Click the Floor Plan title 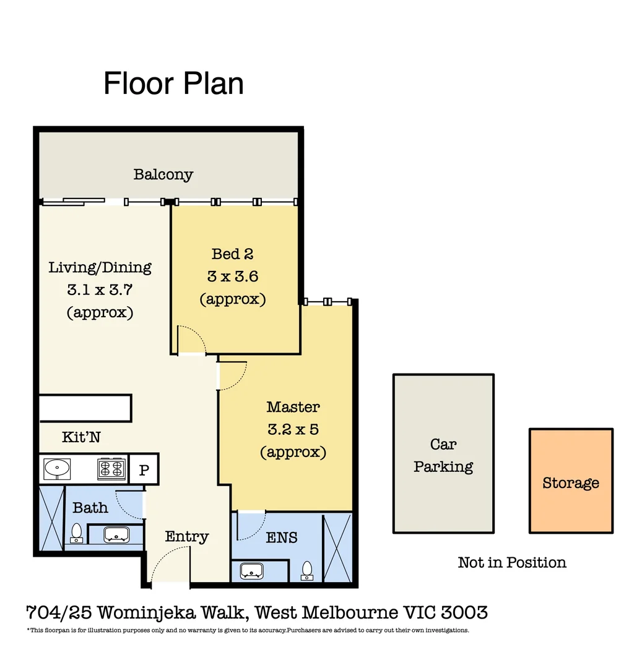point(173,83)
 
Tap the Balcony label point(163,174)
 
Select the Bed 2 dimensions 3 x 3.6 point(232,276)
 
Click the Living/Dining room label point(100,268)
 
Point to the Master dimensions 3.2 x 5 point(293,429)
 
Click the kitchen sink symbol point(56,469)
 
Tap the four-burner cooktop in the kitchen point(111,469)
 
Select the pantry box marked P point(144,470)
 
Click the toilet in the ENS point(307,571)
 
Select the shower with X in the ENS point(337,547)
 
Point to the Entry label point(186,536)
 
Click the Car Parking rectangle point(443,454)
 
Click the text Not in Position point(512,563)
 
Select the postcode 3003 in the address point(464,613)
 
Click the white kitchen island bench point(85,408)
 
